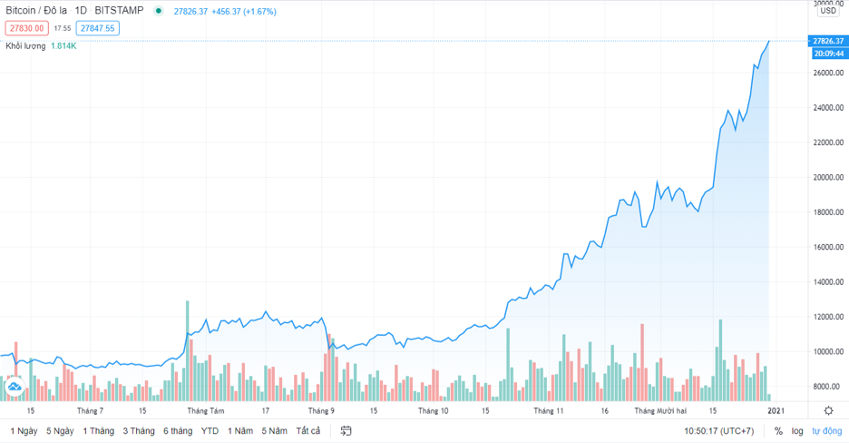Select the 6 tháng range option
click(x=177, y=430)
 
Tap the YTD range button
click(x=210, y=430)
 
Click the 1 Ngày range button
click(x=24, y=430)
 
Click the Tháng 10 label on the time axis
click(x=433, y=410)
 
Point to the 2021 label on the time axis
click(x=776, y=410)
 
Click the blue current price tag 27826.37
click(x=829, y=41)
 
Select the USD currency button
click(x=828, y=11)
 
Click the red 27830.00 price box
click(x=25, y=28)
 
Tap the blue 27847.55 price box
click(x=97, y=28)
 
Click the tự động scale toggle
click(x=826, y=430)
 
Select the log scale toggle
click(x=797, y=430)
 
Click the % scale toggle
click(x=778, y=430)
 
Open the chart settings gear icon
click(x=828, y=410)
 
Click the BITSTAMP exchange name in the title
click(x=119, y=11)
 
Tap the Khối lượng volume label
click(x=26, y=45)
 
